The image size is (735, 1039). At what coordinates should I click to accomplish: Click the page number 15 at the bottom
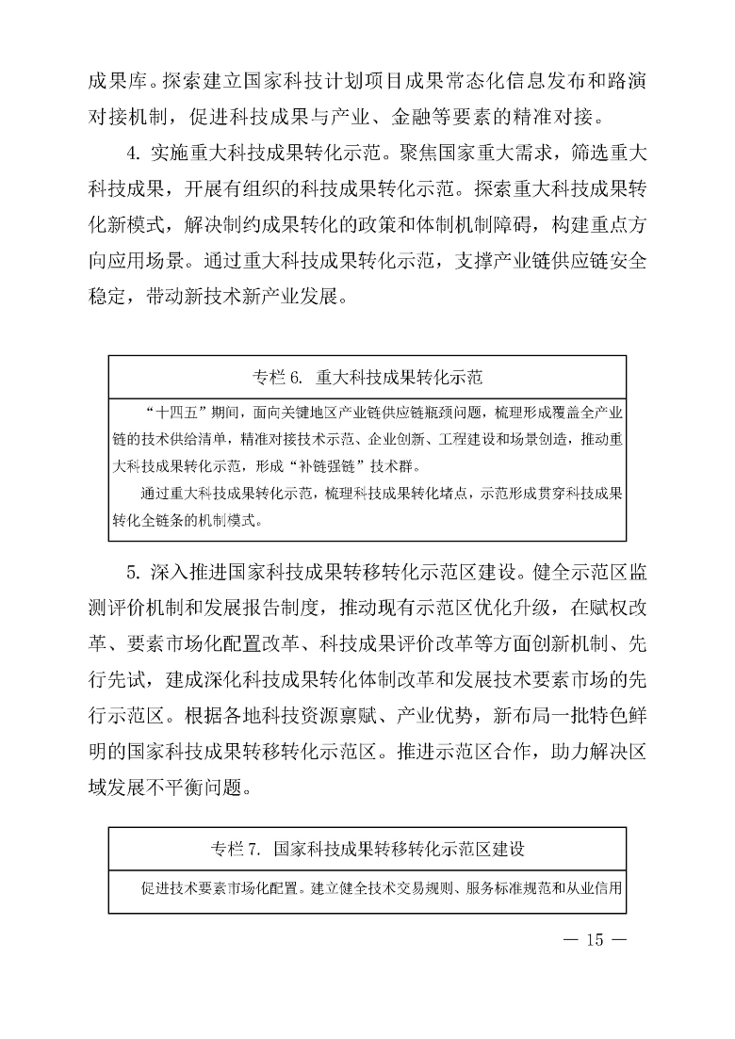click(593, 939)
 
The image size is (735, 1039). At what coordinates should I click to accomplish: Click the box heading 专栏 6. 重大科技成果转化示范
click(367, 379)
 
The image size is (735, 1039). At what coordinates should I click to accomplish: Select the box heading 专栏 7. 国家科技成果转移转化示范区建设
click(367, 849)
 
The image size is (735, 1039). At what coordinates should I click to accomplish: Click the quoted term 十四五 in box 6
click(171, 413)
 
